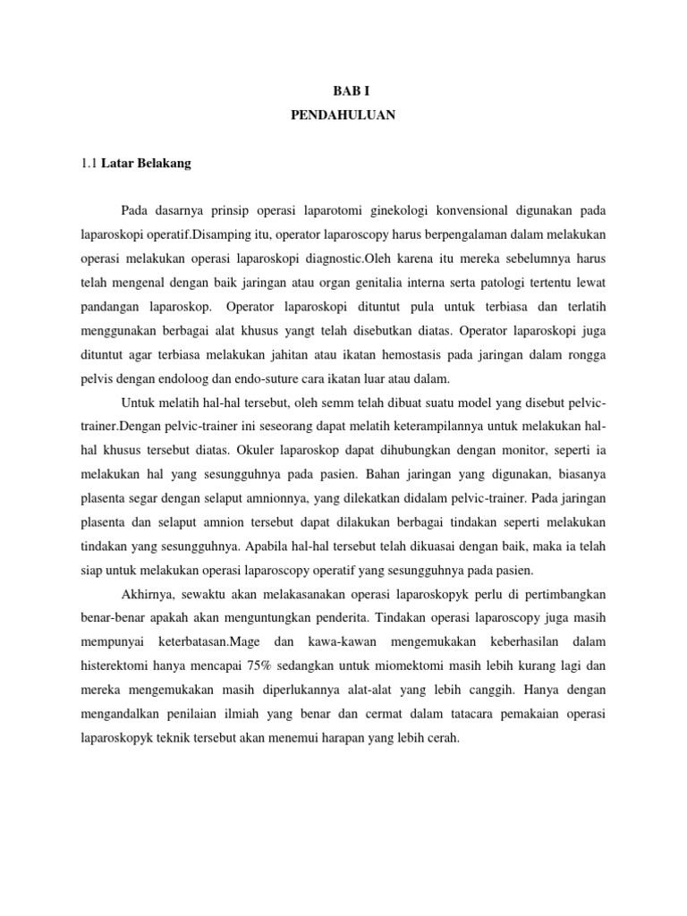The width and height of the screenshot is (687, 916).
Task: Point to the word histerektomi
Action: (x=117, y=667)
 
